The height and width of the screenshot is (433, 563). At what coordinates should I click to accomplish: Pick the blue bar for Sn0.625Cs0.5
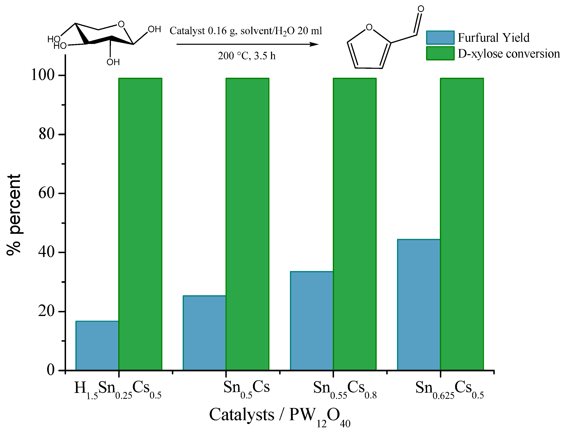click(x=419, y=305)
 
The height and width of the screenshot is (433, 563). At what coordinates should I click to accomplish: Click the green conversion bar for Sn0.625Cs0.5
click(x=462, y=224)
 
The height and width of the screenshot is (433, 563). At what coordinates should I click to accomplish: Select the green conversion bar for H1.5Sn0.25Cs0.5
click(x=140, y=224)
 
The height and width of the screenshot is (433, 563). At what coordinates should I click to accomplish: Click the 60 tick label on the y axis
click(x=47, y=193)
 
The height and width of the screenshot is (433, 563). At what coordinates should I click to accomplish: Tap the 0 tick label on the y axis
click(x=50, y=370)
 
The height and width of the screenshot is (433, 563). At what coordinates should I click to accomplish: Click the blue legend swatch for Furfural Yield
click(x=440, y=38)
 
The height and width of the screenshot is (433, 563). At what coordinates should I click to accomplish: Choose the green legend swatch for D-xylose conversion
click(x=440, y=53)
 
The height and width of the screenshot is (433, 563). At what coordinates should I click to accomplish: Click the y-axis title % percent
click(x=13, y=214)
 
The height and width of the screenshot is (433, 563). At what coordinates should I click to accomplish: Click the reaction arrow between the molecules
click(x=247, y=44)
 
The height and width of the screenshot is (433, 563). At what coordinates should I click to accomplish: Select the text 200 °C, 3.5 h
click(x=246, y=56)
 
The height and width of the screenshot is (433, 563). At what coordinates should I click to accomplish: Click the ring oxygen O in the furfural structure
click(x=369, y=27)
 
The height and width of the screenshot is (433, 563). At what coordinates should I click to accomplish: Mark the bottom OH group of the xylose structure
click(x=113, y=62)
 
